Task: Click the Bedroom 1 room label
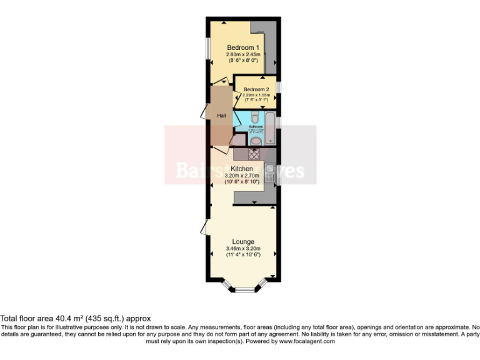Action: coord(243,48)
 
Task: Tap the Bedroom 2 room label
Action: coord(256,89)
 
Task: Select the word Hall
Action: coord(221,116)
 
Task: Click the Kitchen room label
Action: coord(242,169)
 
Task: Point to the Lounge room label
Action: coord(243,242)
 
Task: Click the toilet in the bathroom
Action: coord(255,117)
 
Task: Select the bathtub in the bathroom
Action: coord(270,128)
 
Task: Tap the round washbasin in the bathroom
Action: coord(256,141)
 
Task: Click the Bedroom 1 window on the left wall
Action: coord(208,48)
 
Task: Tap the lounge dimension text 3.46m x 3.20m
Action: coord(243,249)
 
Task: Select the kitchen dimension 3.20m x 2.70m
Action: coord(242,176)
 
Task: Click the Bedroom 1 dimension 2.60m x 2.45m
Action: coord(243,55)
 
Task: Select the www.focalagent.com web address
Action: coord(307,341)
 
